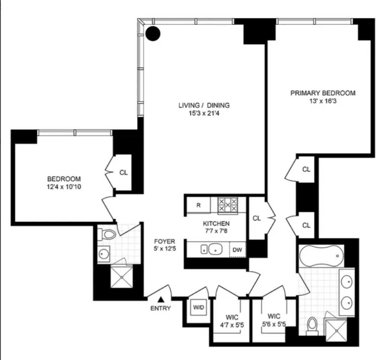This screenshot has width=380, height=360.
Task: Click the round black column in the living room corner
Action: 153,34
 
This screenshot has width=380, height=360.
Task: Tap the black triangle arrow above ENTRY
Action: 161,300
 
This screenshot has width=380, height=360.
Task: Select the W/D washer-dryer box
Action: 197,307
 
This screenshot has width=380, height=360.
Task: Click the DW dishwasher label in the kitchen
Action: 237,250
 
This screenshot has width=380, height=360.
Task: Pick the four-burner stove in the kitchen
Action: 227,205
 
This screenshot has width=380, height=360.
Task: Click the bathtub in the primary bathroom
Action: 321,256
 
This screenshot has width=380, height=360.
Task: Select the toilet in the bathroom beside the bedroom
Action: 108,233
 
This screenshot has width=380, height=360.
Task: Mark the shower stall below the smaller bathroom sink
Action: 122,277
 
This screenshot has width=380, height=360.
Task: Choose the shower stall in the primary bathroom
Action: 335,330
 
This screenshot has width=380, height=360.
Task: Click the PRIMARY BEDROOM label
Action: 323,93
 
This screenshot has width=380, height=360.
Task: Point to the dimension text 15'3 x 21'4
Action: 204,113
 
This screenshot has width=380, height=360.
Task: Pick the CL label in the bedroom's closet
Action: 123,173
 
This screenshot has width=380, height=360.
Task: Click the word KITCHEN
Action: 216,224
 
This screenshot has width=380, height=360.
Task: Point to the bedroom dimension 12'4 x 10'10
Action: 64,187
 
